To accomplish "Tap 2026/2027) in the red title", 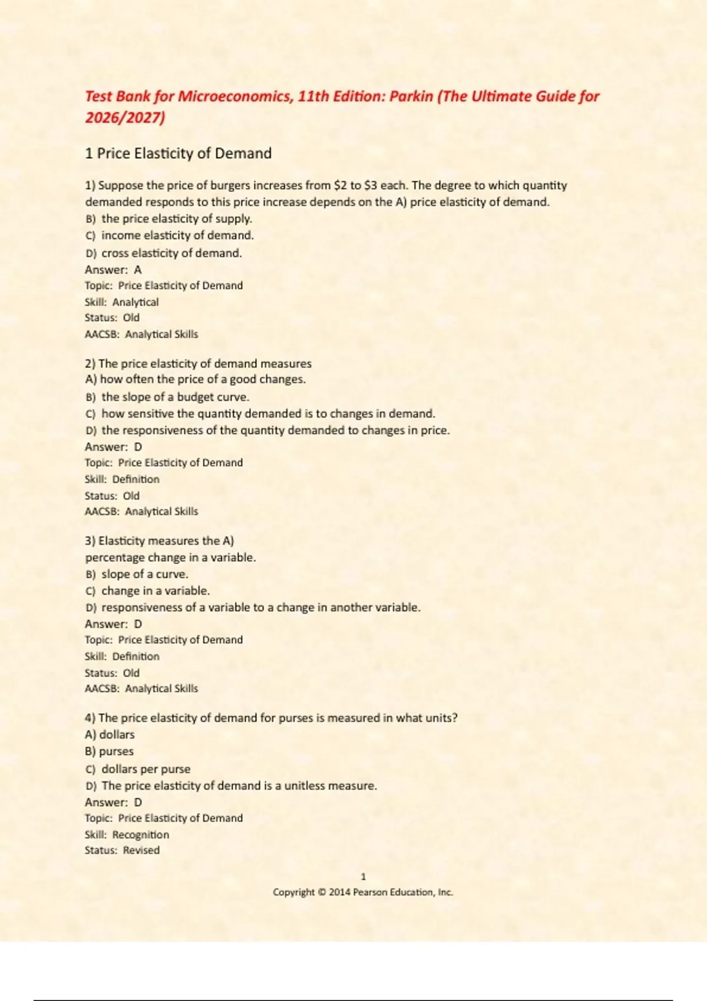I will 125,118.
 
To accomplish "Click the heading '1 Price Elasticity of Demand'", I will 178,154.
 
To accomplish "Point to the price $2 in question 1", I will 340,185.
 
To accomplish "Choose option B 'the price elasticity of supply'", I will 176,219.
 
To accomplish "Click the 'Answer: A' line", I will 113,270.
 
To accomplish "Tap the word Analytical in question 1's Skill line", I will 136,302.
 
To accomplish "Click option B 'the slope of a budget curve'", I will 175,397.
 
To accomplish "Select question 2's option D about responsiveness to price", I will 275,430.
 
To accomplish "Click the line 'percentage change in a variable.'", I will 170,557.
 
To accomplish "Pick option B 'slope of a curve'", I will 144,574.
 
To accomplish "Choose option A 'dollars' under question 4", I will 117,735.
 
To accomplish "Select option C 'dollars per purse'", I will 146,769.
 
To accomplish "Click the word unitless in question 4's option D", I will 305,785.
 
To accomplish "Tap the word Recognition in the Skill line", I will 140,834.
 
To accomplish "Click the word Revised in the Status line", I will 141,850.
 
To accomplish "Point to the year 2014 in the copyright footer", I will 339,892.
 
